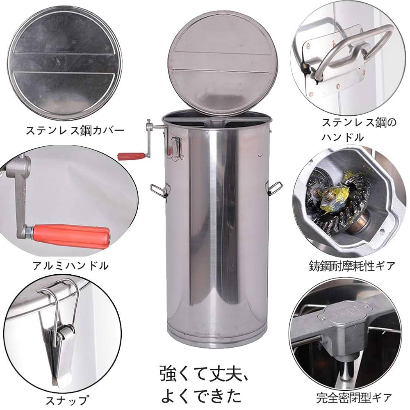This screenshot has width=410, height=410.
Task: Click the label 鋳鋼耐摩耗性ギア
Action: (352, 266)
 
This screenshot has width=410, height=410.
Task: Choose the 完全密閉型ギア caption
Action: (354, 397)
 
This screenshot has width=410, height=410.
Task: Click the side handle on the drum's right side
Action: (273, 187)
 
